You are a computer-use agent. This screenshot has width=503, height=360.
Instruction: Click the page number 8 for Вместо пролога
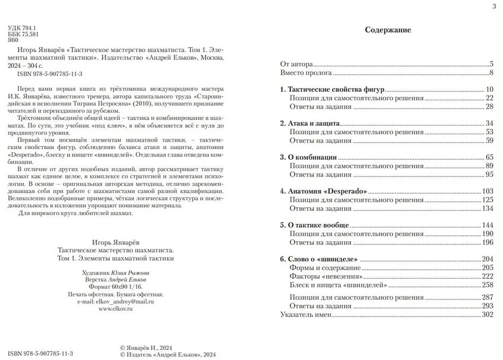point(492,73)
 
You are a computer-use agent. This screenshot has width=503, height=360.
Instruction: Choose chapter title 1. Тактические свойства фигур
point(332,89)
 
